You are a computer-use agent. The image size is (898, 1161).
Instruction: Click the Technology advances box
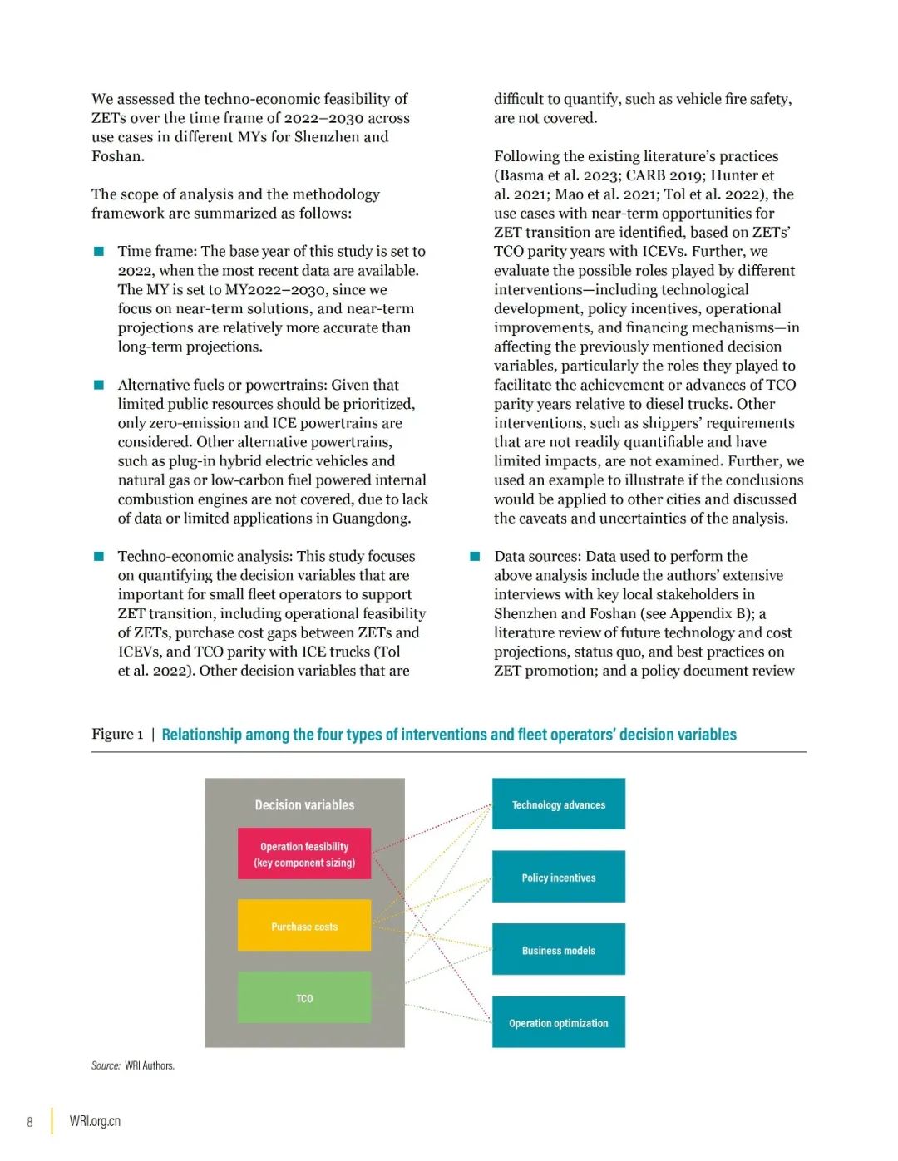click(x=558, y=804)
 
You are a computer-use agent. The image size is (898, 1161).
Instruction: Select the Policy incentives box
click(x=558, y=877)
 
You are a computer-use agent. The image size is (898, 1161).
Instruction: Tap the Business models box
click(x=558, y=950)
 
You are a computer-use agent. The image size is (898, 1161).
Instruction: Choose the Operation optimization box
click(x=558, y=1022)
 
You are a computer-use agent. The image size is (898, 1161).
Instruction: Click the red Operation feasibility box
click(x=304, y=854)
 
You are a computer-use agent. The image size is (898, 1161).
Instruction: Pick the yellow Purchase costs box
click(x=304, y=926)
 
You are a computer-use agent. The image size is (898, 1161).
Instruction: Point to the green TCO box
click(x=304, y=997)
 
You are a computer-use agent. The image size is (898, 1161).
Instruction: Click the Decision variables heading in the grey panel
click(x=304, y=804)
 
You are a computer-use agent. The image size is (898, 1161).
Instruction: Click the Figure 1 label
click(x=117, y=735)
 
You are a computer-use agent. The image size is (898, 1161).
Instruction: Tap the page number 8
click(x=30, y=1122)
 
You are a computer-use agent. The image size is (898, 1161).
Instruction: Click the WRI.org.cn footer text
click(x=95, y=1121)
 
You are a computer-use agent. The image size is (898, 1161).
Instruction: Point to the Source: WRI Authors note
click(x=133, y=1065)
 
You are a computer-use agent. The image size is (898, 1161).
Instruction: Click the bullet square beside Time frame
click(x=99, y=251)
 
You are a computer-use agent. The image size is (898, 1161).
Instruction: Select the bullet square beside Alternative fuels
click(x=99, y=385)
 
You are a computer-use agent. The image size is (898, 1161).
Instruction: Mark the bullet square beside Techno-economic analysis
click(x=99, y=556)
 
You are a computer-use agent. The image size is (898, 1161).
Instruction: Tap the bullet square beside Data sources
click(x=476, y=556)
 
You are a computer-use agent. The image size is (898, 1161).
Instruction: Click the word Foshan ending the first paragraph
click(x=116, y=156)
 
